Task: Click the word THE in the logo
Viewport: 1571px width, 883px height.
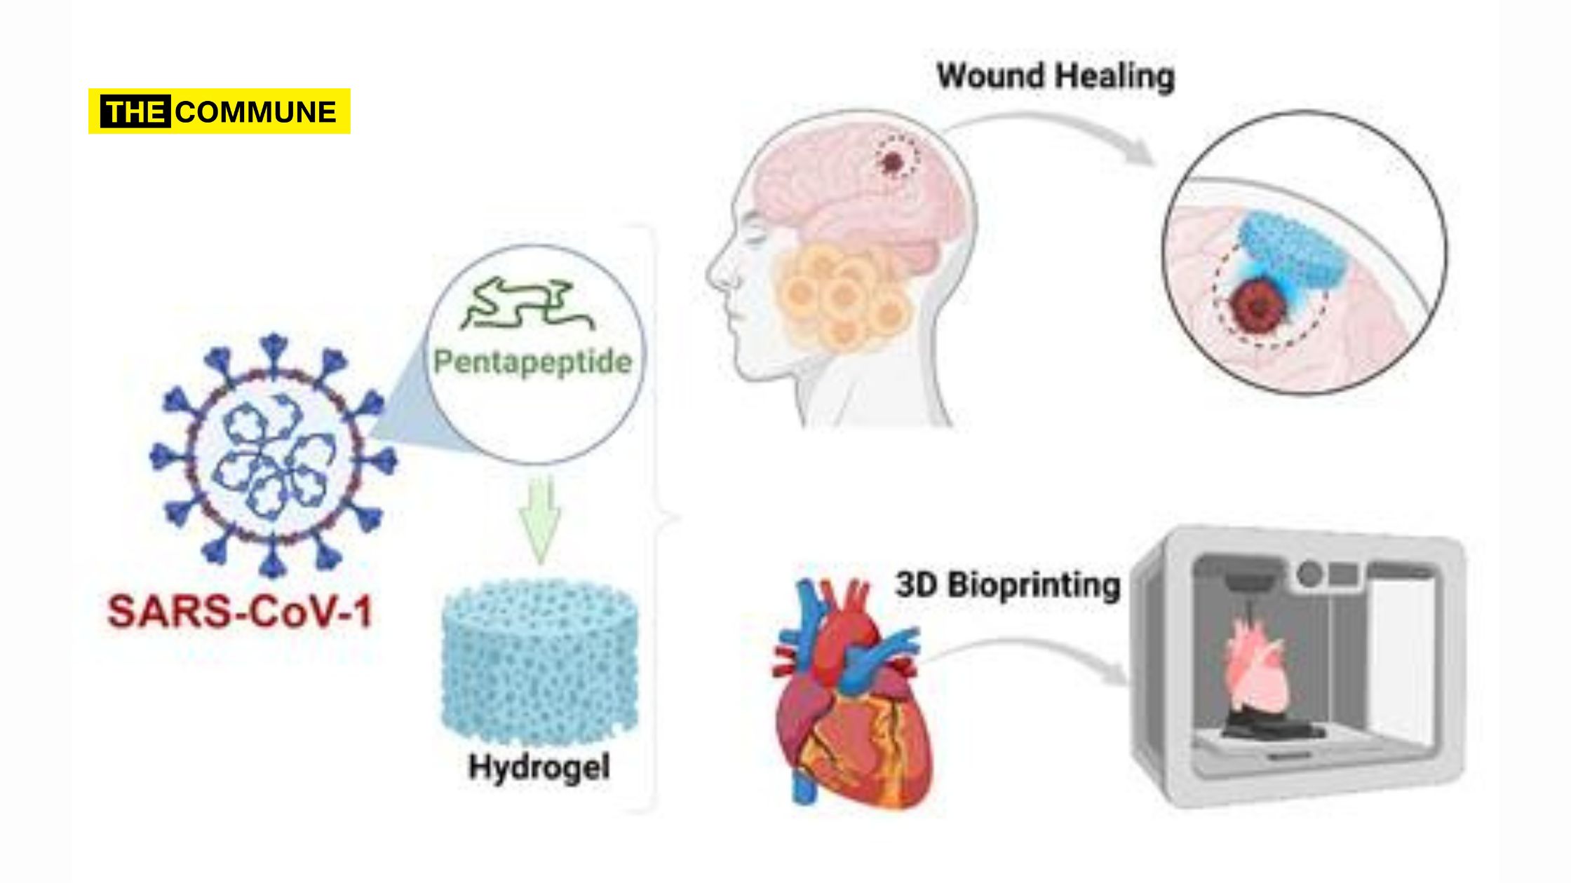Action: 135,112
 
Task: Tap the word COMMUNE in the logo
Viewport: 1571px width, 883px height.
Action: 256,112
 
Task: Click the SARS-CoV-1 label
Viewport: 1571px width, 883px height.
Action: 240,612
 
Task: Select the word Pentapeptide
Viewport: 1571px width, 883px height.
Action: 533,362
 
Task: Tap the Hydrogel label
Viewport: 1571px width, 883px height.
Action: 539,767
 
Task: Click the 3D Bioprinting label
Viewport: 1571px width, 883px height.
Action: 1008,585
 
